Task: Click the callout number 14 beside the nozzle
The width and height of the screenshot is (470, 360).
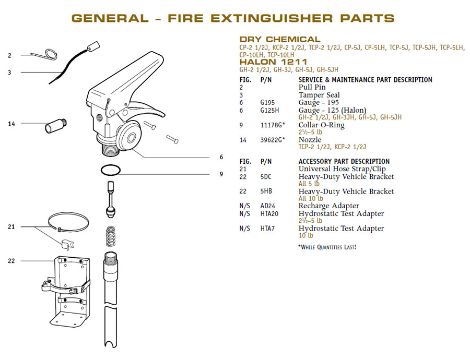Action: click(x=11, y=124)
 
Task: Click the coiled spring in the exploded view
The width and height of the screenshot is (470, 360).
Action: click(x=111, y=236)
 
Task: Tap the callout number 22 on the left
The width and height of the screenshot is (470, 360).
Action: click(x=11, y=261)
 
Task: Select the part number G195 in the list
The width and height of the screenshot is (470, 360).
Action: click(x=267, y=103)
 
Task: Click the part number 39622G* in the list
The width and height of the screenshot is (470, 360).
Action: click(x=273, y=140)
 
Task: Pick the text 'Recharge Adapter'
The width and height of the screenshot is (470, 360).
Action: click(x=328, y=206)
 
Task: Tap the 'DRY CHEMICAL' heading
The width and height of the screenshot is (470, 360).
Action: click(x=280, y=39)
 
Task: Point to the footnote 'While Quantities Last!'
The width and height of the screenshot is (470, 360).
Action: click(x=327, y=247)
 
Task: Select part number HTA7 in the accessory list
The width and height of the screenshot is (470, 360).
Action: click(x=267, y=229)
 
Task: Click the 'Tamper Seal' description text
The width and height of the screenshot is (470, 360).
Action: click(x=319, y=95)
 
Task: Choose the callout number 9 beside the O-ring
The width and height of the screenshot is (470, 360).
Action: click(x=221, y=174)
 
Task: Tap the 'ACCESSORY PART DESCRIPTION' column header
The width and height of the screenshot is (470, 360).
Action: click(x=344, y=162)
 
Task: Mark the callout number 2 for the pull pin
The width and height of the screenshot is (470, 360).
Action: click(x=9, y=55)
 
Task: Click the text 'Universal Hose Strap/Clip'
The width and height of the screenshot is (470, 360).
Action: click(x=342, y=169)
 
